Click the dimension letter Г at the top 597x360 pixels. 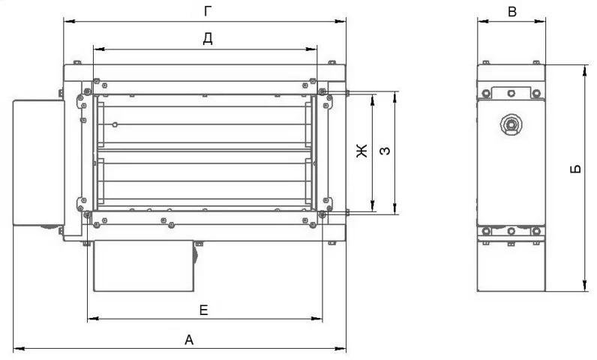(x=208, y=11)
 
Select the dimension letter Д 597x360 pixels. (x=208, y=38)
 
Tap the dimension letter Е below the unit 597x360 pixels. (x=204, y=310)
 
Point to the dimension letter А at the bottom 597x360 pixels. (x=189, y=340)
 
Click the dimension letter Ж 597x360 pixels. (x=361, y=151)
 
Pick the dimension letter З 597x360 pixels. (x=385, y=151)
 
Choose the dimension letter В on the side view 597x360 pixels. (x=512, y=12)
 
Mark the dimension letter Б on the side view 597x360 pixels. (x=576, y=169)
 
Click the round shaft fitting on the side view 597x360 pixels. (x=511, y=124)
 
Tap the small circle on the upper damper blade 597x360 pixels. (x=115, y=124)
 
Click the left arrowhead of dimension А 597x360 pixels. (x=19, y=348)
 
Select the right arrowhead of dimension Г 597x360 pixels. (x=340, y=22)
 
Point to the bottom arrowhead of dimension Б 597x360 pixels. (x=585, y=286)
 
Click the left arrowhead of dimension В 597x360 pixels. (x=483, y=22)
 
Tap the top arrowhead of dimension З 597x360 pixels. (x=395, y=97)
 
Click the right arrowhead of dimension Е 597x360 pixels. (x=316, y=319)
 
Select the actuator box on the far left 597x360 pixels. (x=38, y=163)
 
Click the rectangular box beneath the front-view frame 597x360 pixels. (x=144, y=265)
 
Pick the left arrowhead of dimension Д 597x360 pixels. (x=99, y=49)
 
